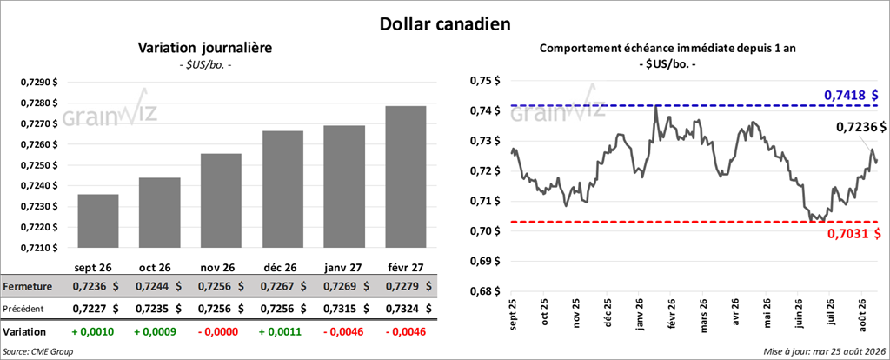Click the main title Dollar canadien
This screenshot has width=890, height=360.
click(444, 23)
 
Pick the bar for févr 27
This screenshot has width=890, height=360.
click(406, 177)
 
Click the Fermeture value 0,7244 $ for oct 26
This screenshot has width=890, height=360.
click(158, 287)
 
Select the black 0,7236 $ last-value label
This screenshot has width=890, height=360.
click(860, 128)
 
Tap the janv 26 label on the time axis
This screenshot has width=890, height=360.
click(639, 313)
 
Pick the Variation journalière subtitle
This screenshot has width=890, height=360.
click(205, 49)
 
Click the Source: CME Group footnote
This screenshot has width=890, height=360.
click(38, 352)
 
